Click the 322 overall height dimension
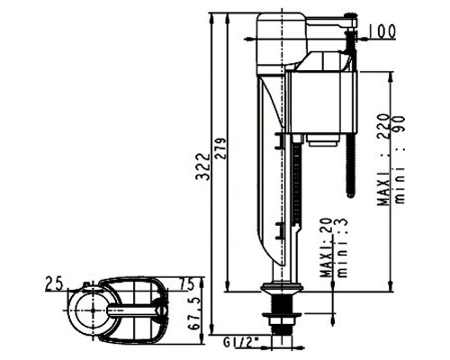(202, 166)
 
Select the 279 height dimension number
(221, 148)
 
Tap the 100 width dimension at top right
(382, 31)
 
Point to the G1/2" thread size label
(241, 342)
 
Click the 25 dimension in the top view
(54, 283)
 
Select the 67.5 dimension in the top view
(194, 313)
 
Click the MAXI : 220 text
(383, 159)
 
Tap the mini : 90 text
(400, 159)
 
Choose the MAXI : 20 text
(326, 247)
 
